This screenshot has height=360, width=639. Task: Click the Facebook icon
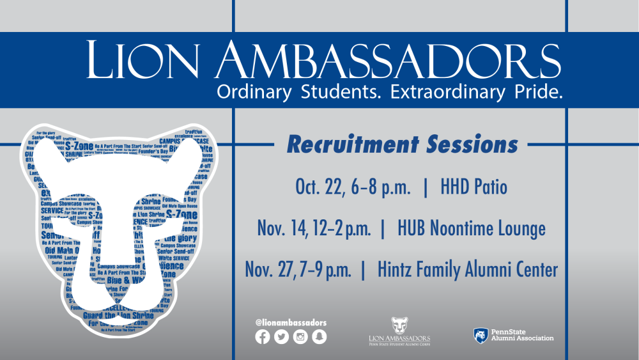[262, 338]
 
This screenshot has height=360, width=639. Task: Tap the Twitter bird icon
[281, 338]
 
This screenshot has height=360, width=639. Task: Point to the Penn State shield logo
[481, 335]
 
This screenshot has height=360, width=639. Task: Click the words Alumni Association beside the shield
[522, 338]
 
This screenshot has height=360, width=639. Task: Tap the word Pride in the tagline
[543, 91]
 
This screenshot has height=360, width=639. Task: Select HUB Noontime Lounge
[471, 228]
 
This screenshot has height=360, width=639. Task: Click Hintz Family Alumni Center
[466, 269]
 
